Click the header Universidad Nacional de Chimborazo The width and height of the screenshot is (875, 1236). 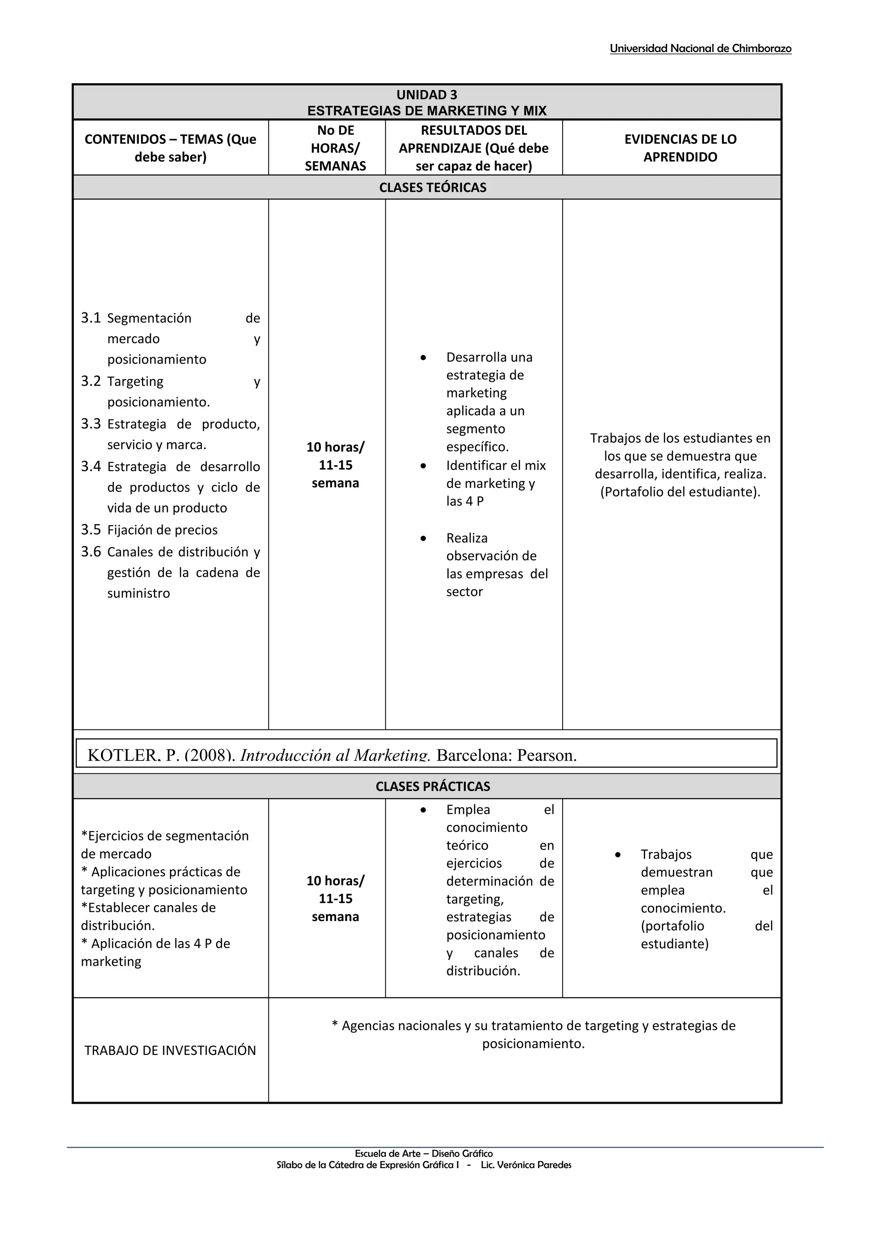coord(700,49)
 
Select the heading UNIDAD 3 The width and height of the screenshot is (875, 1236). coord(427,95)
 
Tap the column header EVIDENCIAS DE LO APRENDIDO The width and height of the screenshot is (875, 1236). coord(680,148)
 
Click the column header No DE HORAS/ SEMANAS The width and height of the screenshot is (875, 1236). coord(335,148)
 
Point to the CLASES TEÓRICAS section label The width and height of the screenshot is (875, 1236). coord(433,187)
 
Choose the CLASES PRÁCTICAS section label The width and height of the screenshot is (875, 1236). coord(433,787)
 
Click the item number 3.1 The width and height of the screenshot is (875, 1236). coord(91,318)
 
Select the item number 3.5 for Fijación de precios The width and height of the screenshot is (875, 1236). coord(91,530)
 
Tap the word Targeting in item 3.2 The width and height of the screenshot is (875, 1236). coord(135,382)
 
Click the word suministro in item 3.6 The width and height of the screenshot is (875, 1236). coord(138,593)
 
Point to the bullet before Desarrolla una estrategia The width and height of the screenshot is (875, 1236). coord(423,358)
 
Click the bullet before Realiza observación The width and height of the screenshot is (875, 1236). coord(423,538)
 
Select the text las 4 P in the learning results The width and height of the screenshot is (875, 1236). coord(464,501)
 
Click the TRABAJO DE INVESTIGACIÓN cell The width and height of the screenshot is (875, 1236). coord(170,1050)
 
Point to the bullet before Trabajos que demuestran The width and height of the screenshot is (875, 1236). coord(618,854)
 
